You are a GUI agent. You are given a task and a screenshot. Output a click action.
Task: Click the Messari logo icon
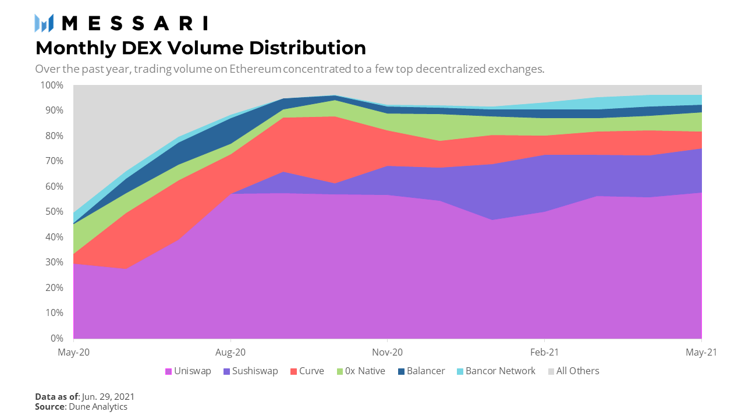point(44,23)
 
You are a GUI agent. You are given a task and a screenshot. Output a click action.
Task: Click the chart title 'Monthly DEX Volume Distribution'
point(201,47)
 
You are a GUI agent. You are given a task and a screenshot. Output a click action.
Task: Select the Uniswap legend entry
point(188,371)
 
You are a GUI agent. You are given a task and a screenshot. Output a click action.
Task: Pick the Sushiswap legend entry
point(250,371)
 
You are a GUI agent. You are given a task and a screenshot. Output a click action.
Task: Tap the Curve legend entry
point(307,371)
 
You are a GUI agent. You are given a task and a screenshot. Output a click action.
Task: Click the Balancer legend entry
point(421,371)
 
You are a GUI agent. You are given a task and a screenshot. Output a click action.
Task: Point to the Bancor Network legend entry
point(495,371)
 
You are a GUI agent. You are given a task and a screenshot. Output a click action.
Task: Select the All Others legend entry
point(573,371)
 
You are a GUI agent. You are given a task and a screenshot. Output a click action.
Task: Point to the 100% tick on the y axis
point(52,85)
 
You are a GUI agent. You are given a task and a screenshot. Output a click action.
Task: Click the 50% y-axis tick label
point(54,211)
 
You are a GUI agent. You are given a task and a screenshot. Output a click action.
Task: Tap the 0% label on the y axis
point(56,338)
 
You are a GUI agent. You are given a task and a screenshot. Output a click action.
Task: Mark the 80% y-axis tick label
point(54,136)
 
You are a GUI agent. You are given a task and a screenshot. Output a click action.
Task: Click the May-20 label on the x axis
point(73,352)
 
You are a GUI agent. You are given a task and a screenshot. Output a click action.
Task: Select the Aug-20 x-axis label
point(231,352)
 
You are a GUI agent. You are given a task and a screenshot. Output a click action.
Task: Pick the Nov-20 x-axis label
point(388,352)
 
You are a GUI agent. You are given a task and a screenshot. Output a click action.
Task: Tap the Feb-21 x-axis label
point(544,352)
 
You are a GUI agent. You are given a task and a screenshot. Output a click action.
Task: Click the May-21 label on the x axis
point(701,352)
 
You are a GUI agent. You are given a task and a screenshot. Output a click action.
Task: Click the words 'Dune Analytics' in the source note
point(98,407)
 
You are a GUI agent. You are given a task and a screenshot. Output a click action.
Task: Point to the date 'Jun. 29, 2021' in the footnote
point(108,396)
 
